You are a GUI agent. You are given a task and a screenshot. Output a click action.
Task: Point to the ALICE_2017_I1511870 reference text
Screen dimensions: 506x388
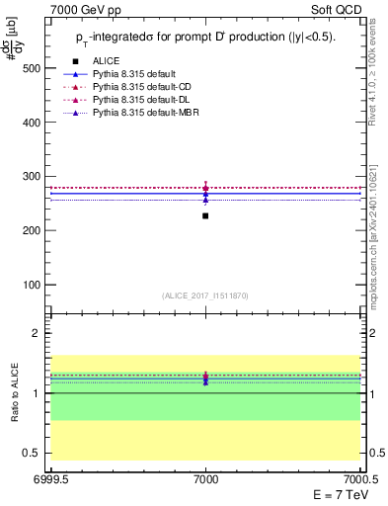coord(204,295)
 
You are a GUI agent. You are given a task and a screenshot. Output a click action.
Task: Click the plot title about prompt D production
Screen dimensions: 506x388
coord(205,37)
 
